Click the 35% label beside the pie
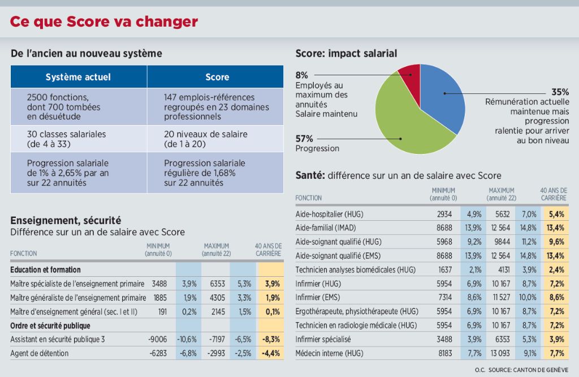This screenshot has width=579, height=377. pos(560,92)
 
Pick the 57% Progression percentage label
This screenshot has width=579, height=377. pos(304,138)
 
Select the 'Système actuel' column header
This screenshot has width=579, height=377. pos(78,76)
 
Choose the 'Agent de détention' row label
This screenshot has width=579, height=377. pos(40,353)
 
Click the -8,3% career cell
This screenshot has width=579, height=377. pos(270,339)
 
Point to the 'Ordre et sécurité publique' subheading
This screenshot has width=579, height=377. pos(50,325)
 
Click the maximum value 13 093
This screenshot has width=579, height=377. pos(500,353)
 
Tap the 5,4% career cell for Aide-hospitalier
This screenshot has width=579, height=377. pos(555,215)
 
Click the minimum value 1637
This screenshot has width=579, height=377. pos(444,270)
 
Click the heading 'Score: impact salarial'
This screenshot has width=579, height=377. pos(346,53)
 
